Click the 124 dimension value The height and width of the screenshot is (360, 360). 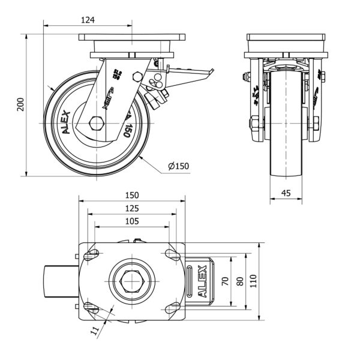[88, 20]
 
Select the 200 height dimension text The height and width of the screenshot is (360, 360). [20, 105]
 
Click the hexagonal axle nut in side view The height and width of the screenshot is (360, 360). [95, 124]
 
